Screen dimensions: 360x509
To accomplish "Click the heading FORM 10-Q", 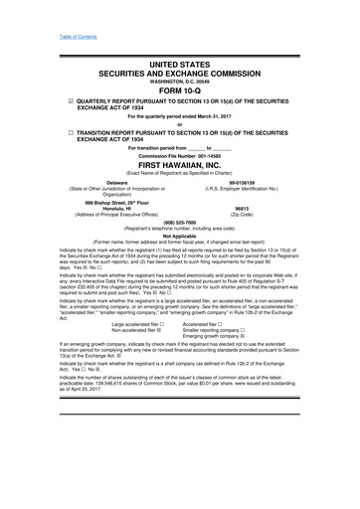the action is pos(179,94).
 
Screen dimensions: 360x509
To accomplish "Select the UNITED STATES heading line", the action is pos(179,65).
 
